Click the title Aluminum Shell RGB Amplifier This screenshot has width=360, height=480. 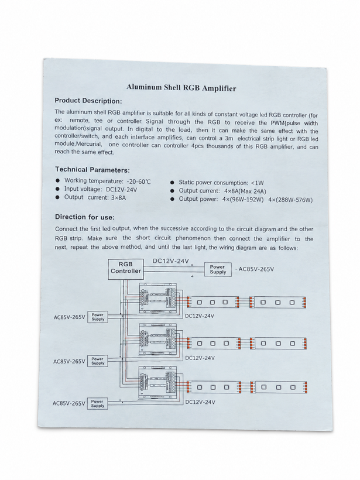point(181,88)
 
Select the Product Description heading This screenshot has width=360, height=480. point(88,101)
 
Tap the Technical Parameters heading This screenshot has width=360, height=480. point(92,170)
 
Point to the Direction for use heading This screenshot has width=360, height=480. point(85,217)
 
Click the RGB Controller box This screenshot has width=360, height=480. point(126,269)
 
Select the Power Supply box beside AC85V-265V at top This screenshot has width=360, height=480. point(218,269)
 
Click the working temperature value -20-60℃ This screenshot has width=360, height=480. point(139,181)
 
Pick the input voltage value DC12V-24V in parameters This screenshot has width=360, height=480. point(122,190)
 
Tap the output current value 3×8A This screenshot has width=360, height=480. point(118,198)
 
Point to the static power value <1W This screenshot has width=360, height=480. point(257,183)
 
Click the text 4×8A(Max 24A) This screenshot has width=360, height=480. point(245,191)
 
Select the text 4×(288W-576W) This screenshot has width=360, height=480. point(290,200)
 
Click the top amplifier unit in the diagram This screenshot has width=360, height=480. point(158,298)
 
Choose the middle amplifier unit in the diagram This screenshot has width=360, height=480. point(158,340)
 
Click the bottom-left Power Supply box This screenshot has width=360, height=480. point(98,403)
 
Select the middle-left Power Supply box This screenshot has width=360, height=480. point(98,361)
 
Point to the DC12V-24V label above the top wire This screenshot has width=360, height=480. point(171,261)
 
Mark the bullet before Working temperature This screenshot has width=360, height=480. point(57,181)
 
